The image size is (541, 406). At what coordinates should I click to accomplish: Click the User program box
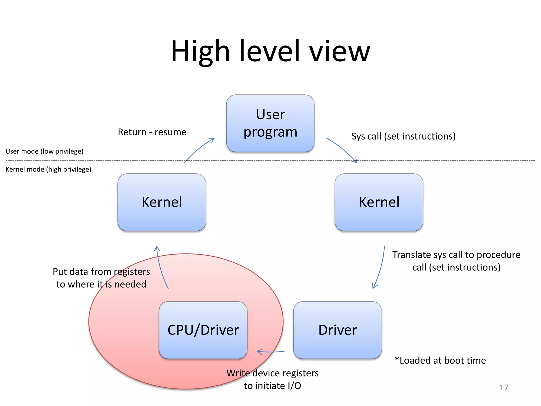270,123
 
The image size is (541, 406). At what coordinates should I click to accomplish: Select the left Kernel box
162,202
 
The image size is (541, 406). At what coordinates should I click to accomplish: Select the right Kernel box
379,202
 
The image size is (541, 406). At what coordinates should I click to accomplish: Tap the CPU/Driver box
203,330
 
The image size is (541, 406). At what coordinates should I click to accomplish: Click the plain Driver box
337,330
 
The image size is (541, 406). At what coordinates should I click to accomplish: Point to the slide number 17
503,387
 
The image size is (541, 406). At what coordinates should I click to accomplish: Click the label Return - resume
152,132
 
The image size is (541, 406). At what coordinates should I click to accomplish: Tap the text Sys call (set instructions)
403,136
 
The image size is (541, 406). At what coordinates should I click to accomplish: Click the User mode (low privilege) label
44,151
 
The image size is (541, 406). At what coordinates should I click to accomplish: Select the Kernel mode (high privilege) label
48,169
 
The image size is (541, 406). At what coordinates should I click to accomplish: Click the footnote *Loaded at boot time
440,360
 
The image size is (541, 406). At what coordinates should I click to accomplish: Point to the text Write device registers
272,373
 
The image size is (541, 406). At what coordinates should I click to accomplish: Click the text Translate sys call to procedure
456,255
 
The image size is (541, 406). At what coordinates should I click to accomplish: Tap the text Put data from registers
101,271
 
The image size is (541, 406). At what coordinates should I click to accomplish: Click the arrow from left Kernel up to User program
198,149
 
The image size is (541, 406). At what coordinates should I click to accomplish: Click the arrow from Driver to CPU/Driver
271,352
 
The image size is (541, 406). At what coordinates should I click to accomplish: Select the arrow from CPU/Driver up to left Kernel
160,267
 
